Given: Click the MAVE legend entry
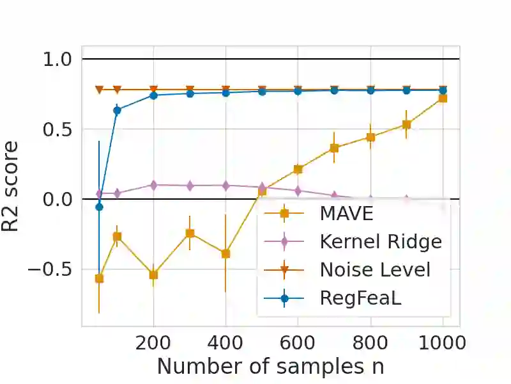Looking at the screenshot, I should (347, 213).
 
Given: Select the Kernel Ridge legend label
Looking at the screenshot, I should (381, 242).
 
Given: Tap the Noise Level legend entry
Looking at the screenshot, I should (375, 270).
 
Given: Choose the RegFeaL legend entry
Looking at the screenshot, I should (360, 298).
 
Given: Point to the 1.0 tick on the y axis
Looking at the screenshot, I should (58, 60).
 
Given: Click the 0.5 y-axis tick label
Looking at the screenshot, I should (58, 129).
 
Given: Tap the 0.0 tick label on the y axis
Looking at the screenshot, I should (58, 199).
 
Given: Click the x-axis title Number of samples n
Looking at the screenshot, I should (270, 367).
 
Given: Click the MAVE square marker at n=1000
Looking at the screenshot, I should (442, 98).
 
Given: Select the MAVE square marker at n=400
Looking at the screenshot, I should (225, 253).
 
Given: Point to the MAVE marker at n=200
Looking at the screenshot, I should (153, 275).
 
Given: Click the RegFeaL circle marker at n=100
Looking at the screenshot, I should (117, 110).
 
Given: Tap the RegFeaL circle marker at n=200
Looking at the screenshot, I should (153, 95).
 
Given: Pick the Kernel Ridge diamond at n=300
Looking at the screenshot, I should (190, 186).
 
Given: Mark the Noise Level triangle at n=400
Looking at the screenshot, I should (225, 90).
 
